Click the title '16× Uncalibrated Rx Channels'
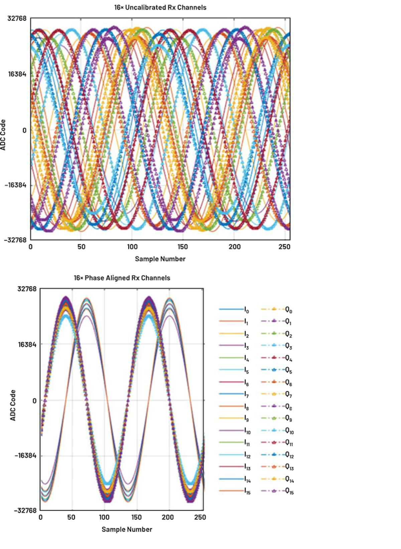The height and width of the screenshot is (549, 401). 160,7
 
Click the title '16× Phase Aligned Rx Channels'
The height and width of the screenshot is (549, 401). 122,278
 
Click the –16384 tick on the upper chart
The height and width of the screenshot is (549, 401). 15,185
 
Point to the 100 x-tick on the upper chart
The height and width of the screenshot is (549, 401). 132,247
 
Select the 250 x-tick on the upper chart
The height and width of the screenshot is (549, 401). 284,247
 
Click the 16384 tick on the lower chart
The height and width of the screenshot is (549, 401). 27,344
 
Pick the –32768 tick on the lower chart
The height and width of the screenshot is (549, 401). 25,511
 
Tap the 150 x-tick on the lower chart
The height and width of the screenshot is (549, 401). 136,517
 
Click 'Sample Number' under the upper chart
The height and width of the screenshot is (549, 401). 160,259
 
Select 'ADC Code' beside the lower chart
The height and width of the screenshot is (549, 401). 13,405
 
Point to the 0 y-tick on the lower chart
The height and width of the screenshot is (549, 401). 34,400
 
